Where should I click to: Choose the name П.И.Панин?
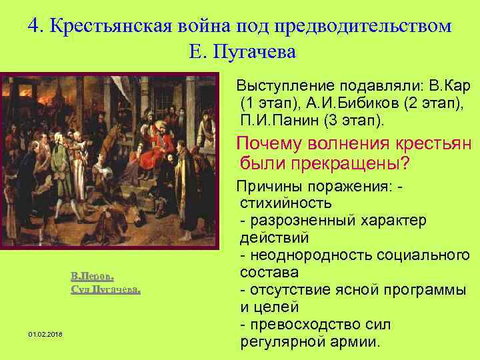[x=278, y=121]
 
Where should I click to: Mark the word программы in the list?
[x=428, y=290]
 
